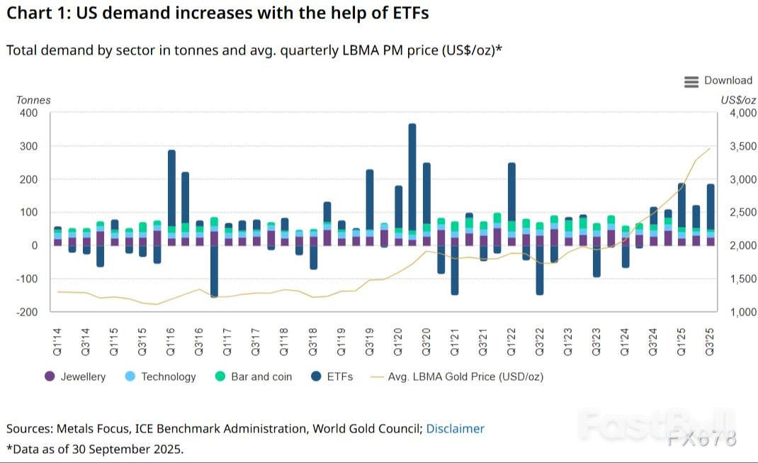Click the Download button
(718, 81)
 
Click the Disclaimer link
(456, 428)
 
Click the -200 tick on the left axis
(26, 312)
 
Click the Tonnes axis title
(33, 100)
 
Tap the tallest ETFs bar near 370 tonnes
(412, 177)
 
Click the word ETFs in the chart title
(407, 13)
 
